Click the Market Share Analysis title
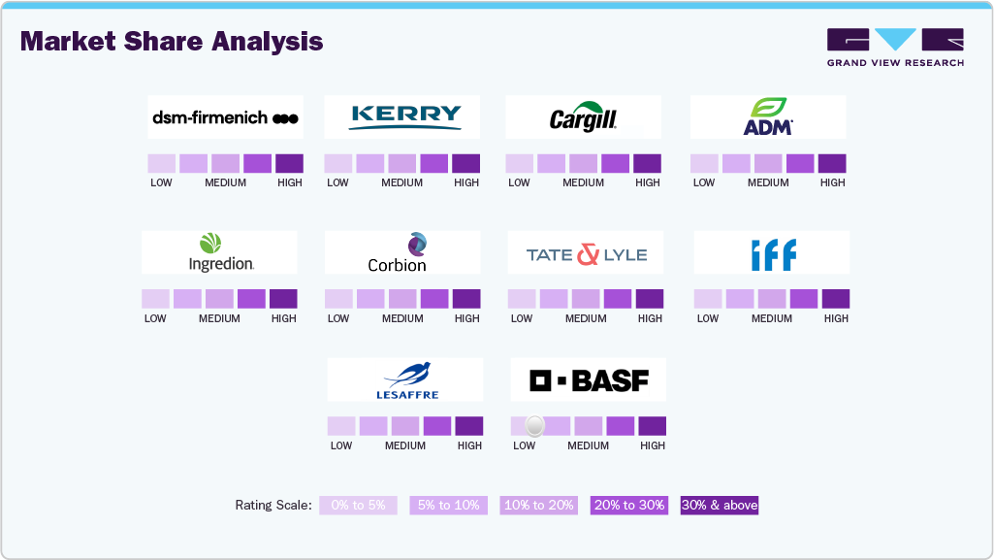click(172, 42)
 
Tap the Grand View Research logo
click(895, 48)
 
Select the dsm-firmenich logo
click(225, 117)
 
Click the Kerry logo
click(401, 116)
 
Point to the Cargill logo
click(583, 117)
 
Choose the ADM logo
click(768, 116)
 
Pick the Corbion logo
click(401, 252)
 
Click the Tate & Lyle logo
click(586, 253)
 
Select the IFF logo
click(772, 253)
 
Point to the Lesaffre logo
click(404, 379)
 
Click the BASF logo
click(589, 379)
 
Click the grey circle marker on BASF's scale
click(534, 425)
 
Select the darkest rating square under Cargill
click(647, 163)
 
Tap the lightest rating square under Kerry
click(337, 163)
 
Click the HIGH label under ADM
click(832, 182)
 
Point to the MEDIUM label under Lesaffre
click(404, 446)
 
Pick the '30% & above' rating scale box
click(720, 505)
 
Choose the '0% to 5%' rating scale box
click(358, 505)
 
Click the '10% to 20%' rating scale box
click(538, 505)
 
